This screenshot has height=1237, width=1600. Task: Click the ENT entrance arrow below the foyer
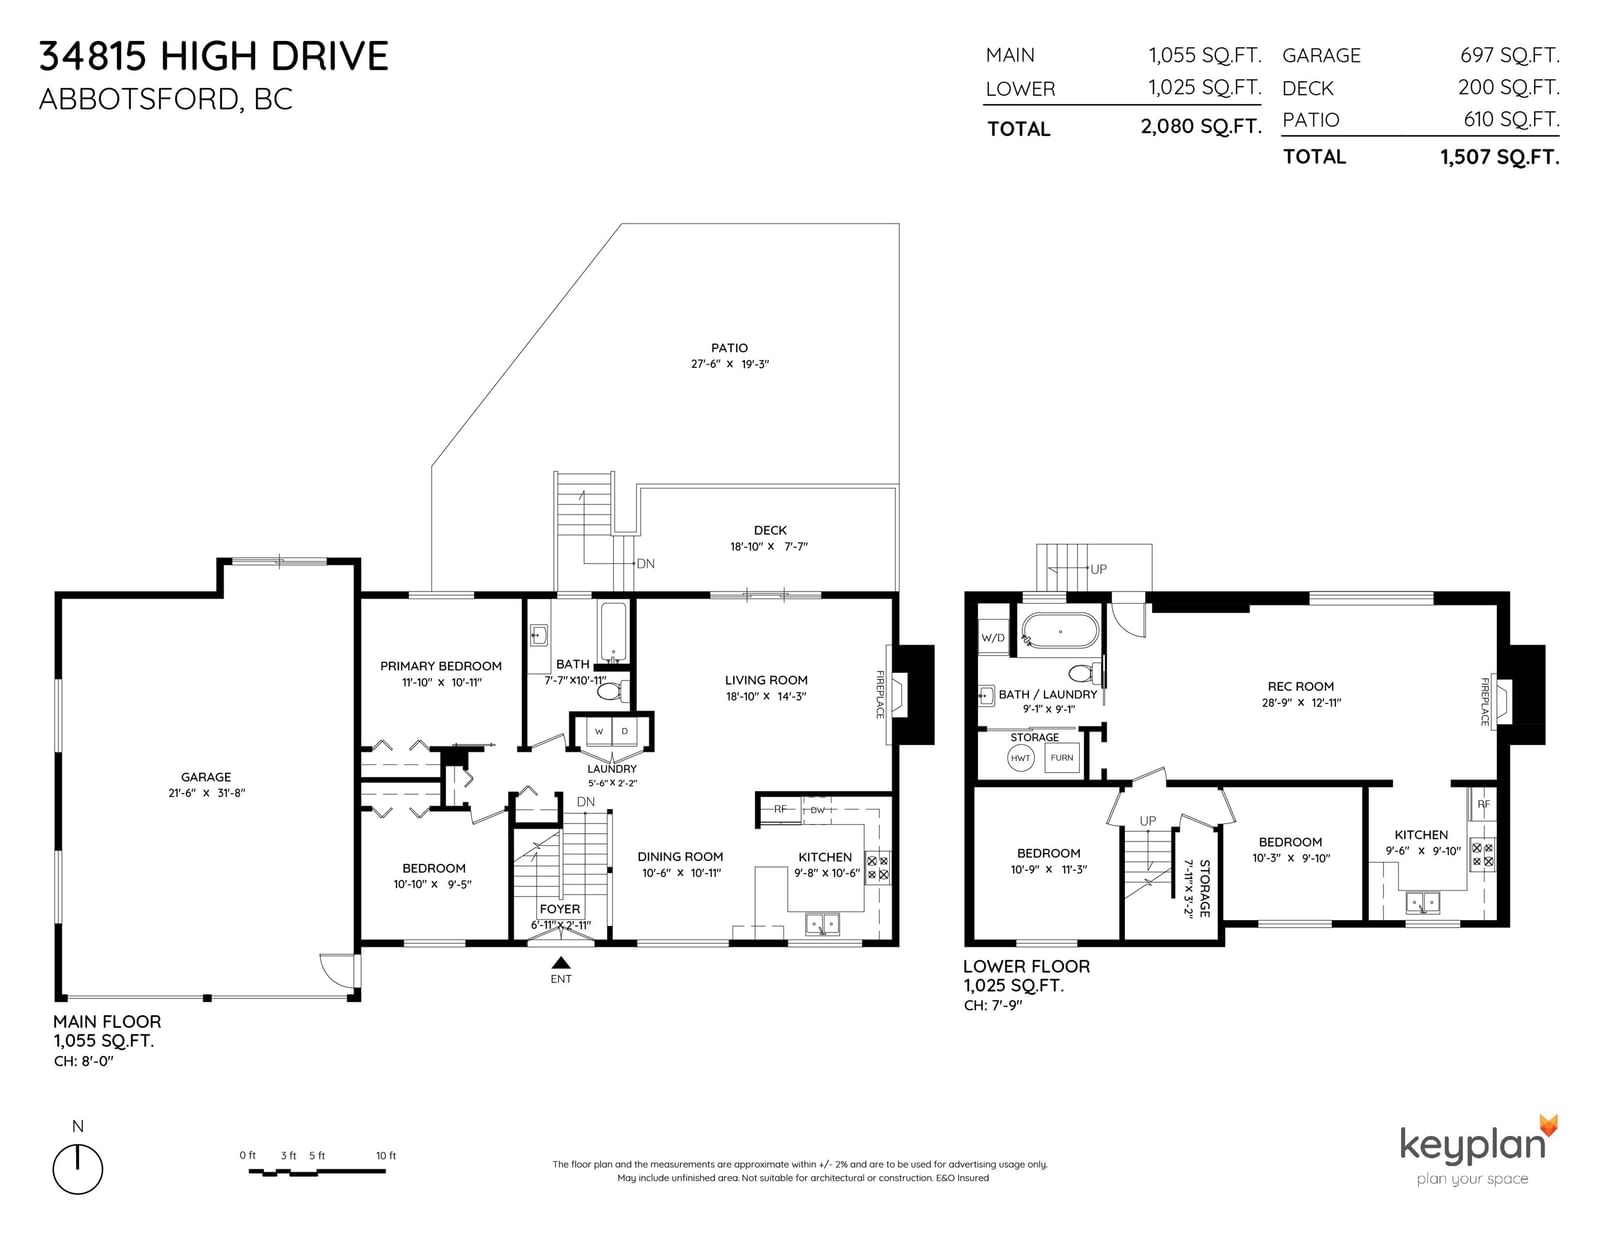561,962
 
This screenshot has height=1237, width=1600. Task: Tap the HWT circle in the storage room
1021,758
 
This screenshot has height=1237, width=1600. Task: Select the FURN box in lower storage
1062,758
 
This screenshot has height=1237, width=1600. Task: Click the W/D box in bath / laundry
993,638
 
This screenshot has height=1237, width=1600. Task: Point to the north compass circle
77,1169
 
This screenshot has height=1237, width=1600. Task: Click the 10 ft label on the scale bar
386,1155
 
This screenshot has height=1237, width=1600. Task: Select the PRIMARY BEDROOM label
440,666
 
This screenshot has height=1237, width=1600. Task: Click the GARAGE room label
206,777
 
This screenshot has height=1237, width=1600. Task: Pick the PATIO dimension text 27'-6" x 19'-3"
730,364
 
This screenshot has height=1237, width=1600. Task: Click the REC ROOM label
1301,686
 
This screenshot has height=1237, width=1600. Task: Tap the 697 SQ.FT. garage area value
1509,55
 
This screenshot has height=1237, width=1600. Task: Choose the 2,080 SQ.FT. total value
1201,127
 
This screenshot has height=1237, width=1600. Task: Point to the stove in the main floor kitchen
877,867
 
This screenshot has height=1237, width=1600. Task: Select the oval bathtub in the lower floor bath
1060,631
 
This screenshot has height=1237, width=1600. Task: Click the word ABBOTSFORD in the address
138,99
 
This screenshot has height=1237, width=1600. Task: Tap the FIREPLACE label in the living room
879,694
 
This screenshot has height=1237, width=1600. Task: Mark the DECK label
770,530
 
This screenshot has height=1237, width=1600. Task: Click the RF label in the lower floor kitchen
1484,804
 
